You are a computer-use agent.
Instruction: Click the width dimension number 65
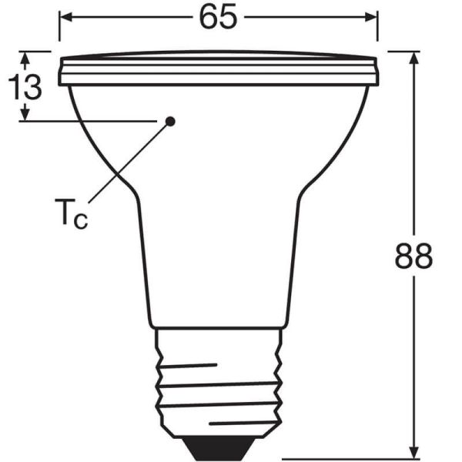point(218,17)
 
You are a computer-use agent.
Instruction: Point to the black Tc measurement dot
point(170,120)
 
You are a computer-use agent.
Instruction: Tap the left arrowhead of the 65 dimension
point(64,16)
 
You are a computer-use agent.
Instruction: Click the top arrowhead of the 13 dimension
point(26,56)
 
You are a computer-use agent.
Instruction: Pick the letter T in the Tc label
point(65,209)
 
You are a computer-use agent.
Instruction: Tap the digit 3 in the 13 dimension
point(32,87)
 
